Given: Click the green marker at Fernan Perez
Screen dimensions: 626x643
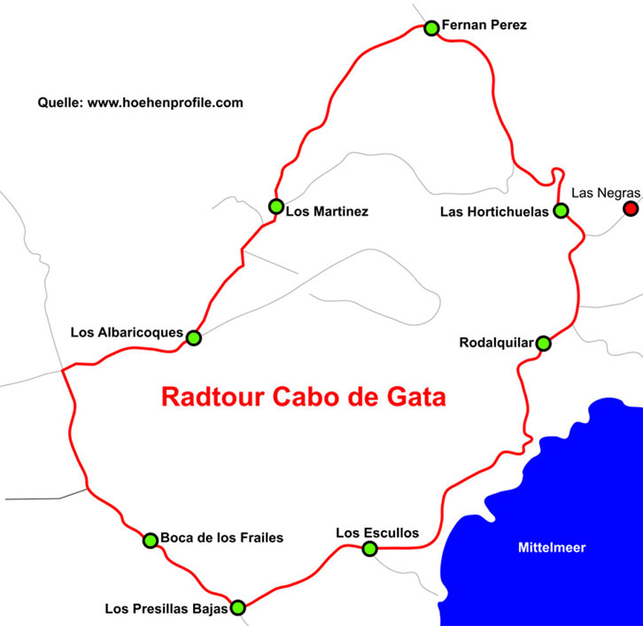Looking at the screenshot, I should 431,28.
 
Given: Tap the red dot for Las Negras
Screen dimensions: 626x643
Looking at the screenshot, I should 631,208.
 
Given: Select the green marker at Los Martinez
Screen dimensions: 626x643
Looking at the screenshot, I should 276,206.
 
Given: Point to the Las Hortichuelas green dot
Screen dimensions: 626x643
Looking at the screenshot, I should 561,210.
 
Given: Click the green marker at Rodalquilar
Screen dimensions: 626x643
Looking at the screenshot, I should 543,343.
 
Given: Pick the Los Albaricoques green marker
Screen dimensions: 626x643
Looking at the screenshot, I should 194,337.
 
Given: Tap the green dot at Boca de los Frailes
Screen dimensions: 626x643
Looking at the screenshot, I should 150,541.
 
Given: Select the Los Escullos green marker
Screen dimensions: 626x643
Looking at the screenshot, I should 369,549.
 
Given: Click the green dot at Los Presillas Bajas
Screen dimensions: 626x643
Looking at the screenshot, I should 237,607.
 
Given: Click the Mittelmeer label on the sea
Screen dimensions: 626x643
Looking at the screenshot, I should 552,548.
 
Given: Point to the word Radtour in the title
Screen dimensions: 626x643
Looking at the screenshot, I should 213,396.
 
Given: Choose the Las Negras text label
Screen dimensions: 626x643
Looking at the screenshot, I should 606,193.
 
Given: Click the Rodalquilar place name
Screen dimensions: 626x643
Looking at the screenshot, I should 496,343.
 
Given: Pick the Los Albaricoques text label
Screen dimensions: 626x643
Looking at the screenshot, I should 127,332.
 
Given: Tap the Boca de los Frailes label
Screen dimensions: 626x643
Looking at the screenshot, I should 222,537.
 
